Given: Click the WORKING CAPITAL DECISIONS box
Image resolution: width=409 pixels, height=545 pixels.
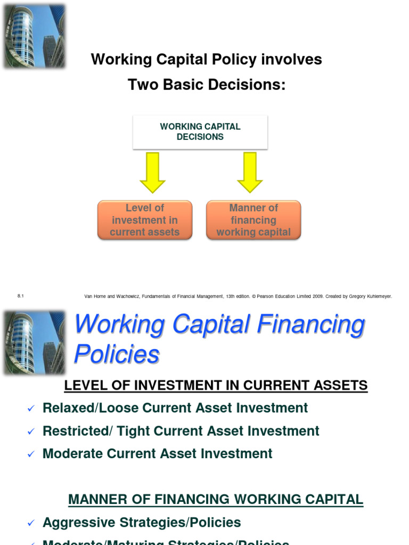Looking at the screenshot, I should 200,131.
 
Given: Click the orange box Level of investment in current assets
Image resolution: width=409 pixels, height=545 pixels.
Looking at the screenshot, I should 145,220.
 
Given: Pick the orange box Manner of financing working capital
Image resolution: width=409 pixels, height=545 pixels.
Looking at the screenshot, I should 253,220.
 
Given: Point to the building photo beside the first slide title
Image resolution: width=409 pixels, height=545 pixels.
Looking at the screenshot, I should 34,36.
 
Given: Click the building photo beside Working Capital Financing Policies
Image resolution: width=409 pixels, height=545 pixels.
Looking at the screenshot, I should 34,343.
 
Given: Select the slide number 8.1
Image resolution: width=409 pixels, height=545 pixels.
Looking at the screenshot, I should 21,296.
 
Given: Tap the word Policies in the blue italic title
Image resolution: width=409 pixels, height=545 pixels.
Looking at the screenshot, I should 117,354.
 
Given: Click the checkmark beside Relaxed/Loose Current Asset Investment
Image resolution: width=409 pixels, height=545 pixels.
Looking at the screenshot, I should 30,409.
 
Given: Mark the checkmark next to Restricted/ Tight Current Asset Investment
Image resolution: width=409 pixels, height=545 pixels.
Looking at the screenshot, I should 30,432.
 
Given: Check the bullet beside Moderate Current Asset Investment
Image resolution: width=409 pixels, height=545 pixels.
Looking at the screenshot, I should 30,455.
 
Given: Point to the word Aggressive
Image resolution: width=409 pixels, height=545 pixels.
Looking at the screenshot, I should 77,523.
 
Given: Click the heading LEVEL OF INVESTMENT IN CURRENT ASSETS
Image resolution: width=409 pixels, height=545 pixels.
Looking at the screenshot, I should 216,385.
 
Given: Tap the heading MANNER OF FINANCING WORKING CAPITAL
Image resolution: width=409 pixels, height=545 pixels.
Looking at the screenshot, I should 216,500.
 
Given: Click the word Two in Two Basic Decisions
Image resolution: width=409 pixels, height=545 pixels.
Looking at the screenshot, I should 141,85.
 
